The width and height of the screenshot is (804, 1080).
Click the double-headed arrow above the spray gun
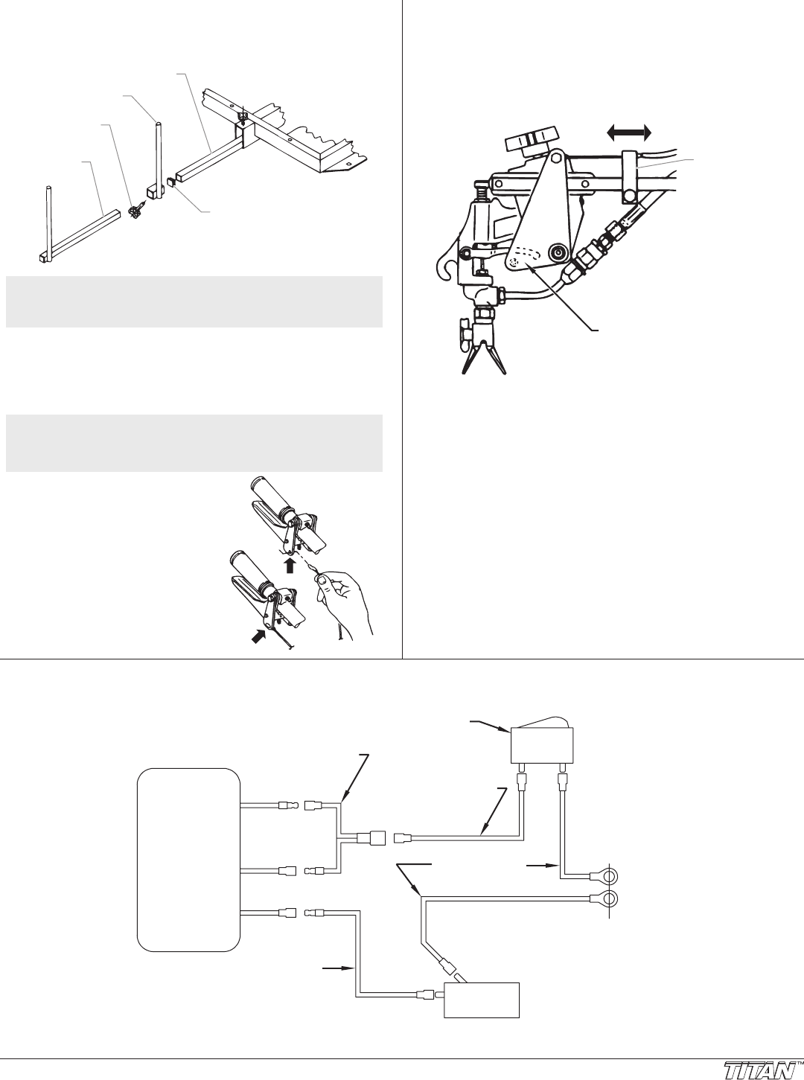pos(629,132)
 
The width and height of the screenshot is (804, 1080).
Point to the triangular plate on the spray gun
pos(537,219)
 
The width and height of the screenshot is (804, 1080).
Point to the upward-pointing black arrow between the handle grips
pos(290,566)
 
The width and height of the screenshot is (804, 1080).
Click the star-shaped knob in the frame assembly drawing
pos(135,212)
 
